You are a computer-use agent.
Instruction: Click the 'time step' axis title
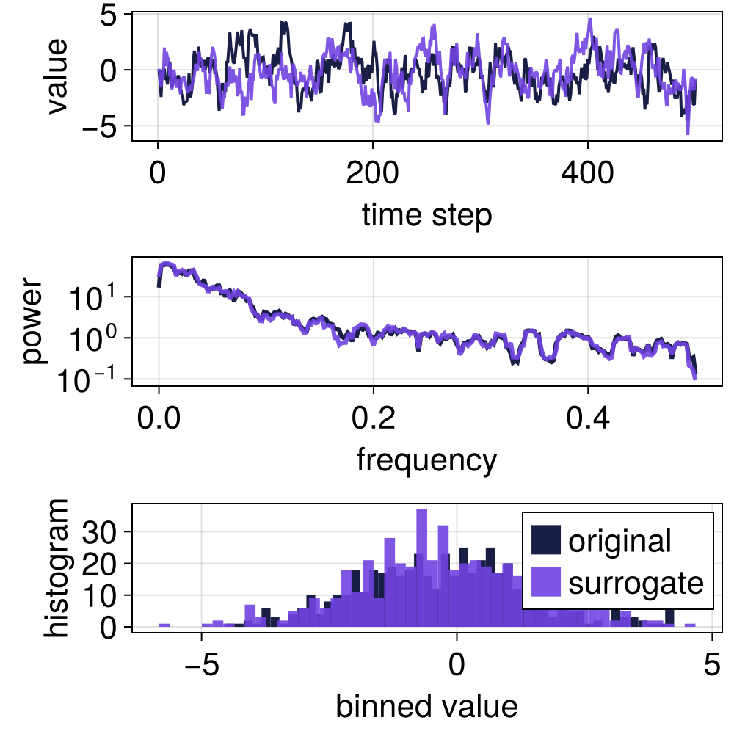(x=426, y=217)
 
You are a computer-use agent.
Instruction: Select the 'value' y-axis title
(x=56, y=76)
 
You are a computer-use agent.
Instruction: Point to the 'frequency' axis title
(x=426, y=460)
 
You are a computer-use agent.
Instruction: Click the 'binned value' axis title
(x=426, y=706)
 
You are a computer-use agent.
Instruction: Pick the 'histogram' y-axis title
(x=56, y=567)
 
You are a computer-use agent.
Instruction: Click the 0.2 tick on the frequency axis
(x=373, y=421)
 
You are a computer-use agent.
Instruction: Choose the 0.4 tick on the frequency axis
(x=588, y=421)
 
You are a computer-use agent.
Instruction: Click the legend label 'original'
(x=619, y=541)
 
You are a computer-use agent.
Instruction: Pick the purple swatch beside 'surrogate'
(x=546, y=582)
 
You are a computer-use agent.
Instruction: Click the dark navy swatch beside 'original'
(x=546, y=541)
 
